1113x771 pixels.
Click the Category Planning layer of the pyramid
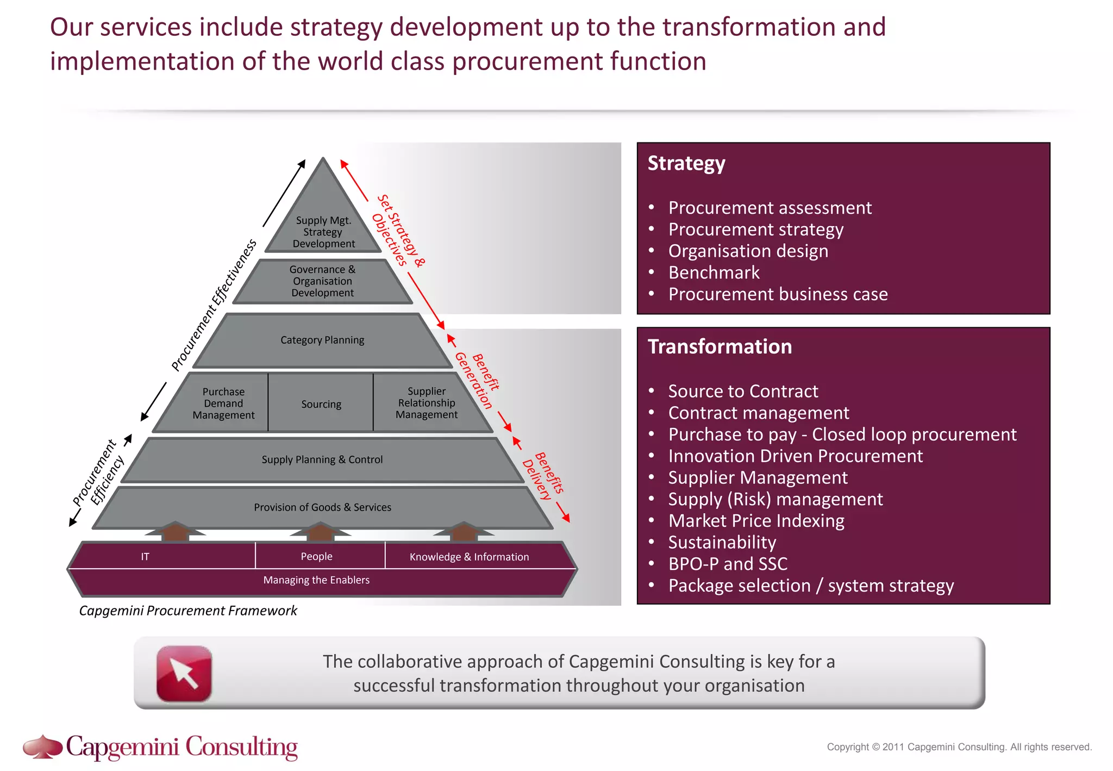(x=322, y=340)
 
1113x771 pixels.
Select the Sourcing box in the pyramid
(x=321, y=404)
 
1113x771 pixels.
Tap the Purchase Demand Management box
(x=223, y=403)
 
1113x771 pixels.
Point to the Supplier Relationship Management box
(x=427, y=403)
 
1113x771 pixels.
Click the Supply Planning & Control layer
(x=322, y=460)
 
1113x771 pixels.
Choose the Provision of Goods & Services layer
(x=322, y=507)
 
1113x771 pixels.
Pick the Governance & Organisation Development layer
(x=322, y=281)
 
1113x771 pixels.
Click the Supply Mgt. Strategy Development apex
(x=323, y=232)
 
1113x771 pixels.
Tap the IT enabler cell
(x=145, y=556)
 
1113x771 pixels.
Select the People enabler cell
(x=316, y=556)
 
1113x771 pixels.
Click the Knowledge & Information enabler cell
(x=469, y=557)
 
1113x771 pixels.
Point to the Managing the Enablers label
(x=316, y=580)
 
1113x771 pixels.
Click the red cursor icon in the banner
(x=184, y=673)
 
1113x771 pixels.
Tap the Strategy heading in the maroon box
(x=686, y=163)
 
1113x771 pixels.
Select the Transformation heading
(x=720, y=347)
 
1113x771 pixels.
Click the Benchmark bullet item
(x=714, y=272)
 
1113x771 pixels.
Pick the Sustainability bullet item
(x=722, y=542)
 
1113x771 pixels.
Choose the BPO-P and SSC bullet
(x=728, y=564)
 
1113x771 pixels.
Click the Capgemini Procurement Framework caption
(x=188, y=611)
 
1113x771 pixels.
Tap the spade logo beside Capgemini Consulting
(x=42, y=747)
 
